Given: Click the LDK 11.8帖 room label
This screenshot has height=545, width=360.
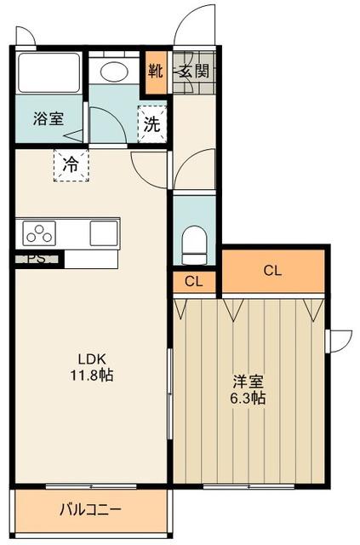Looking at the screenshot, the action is pyautogui.click(x=92, y=367).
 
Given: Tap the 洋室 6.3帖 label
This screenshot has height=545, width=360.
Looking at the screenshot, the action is pyautogui.click(x=248, y=389).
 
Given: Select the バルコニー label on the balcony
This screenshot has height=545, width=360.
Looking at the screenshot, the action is pyautogui.click(x=91, y=510).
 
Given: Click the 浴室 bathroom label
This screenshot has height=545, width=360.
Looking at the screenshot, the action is pyautogui.click(x=49, y=118).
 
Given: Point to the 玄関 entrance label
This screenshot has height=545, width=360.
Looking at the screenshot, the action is pyautogui.click(x=194, y=72).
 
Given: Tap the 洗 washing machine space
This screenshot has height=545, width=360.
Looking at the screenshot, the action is pyautogui.click(x=152, y=124).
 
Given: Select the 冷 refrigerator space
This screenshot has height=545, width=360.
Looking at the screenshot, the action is pyautogui.click(x=71, y=164).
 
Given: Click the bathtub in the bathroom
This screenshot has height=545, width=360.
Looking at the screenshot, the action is pyautogui.click(x=49, y=72).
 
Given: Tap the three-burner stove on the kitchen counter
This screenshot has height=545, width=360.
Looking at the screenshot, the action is pyautogui.click(x=39, y=233).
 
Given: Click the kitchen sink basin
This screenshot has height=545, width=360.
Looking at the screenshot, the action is pyautogui.click(x=104, y=233).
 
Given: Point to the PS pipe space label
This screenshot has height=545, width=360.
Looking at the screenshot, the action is pyautogui.click(x=36, y=259).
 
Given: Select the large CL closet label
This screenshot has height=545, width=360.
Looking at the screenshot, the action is pyautogui.click(x=272, y=270).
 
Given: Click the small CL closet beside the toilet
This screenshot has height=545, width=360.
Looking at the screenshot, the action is pyautogui.click(x=193, y=281).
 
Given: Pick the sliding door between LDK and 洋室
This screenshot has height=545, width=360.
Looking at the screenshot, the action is pyautogui.click(x=170, y=393).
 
